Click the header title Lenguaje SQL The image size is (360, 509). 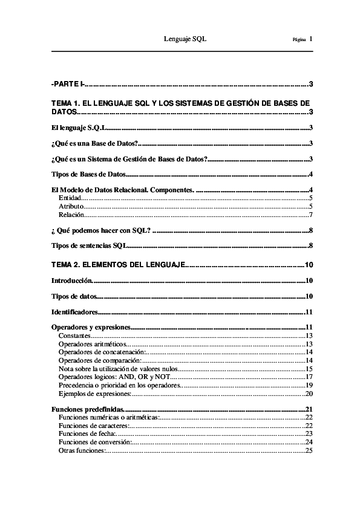click(186, 39)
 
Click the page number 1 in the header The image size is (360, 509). click(310, 39)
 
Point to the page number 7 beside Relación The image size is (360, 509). click(310, 215)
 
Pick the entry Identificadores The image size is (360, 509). click(74, 312)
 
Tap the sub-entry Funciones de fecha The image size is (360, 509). click(87, 433)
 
